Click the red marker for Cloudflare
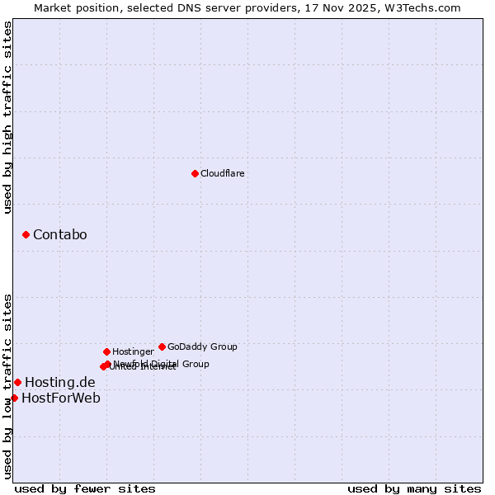pos(195,173)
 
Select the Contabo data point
pos(26,235)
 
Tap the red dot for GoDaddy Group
pos(162,346)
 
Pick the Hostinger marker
pos(106,351)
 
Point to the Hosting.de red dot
pos(17,382)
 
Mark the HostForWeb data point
pos(14,398)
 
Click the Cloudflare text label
pos(222,173)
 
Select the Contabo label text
pos(59,235)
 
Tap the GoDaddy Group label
pos(202,346)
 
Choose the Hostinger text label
pos(133,351)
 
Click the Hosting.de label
pos(59,382)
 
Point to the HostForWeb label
pos(61,398)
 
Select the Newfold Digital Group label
pos(162,363)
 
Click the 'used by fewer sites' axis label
pos(85,488)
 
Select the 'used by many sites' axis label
pos(414,488)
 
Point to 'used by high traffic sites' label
pos(7,118)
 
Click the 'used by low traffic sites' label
pos(7,385)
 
